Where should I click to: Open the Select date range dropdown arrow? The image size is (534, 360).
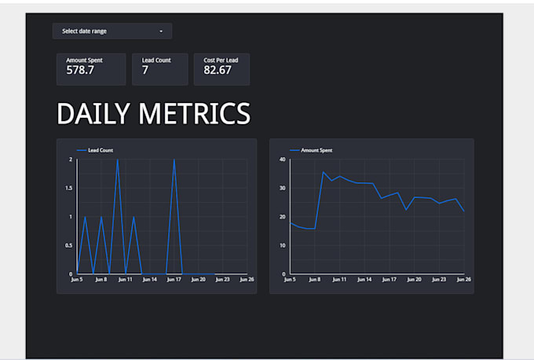click(161, 31)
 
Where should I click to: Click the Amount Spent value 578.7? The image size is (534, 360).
click(80, 71)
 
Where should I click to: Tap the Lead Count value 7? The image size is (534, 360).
click(145, 71)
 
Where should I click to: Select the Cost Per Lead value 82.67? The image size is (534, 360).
click(218, 71)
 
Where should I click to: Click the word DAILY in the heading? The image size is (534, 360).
click(93, 115)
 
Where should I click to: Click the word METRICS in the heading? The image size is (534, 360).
click(195, 115)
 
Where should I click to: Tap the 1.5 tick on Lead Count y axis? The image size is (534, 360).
click(70, 188)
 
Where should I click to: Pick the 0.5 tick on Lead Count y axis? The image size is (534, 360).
click(70, 245)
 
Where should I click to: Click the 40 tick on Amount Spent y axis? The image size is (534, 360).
click(283, 160)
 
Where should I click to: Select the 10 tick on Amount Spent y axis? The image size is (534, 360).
click(283, 245)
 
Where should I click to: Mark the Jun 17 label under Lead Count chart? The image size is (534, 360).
click(173, 279)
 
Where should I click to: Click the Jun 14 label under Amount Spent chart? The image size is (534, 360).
click(364, 279)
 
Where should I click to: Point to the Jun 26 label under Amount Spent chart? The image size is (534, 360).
click(463, 279)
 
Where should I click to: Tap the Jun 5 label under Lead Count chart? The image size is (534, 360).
click(76, 279)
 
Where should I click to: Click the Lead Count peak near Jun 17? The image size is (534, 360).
click(174, 160)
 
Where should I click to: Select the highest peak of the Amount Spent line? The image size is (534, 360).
click(323, 172)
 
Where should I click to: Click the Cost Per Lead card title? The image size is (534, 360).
click(221, 60)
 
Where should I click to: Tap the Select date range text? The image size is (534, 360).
click(84, 31)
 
